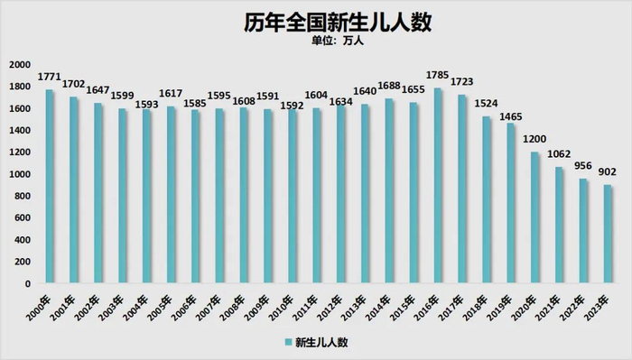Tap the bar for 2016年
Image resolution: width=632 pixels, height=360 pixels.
[438, 185]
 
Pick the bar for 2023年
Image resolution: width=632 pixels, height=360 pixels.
[609, 234]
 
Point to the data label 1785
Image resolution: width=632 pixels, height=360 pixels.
[438, 78]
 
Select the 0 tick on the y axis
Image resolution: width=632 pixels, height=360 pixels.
[28, 283]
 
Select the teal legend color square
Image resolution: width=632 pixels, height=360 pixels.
[289, 343]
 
